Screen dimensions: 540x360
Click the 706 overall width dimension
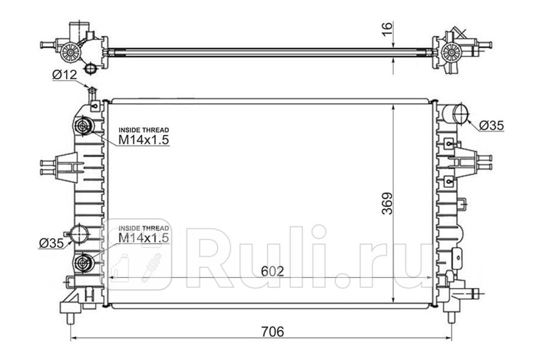[273, 332]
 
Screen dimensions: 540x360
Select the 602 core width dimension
[272, 272]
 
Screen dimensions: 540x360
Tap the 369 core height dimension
[387, 203]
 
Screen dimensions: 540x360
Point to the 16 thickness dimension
[387, 29]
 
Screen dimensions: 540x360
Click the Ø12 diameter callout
[64, 75]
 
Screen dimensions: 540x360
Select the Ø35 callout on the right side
[491, 126]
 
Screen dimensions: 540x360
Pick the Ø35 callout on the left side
[51, 243]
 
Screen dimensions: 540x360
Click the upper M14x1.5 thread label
[144, 140]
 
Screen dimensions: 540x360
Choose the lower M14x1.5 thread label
[144, 238]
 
